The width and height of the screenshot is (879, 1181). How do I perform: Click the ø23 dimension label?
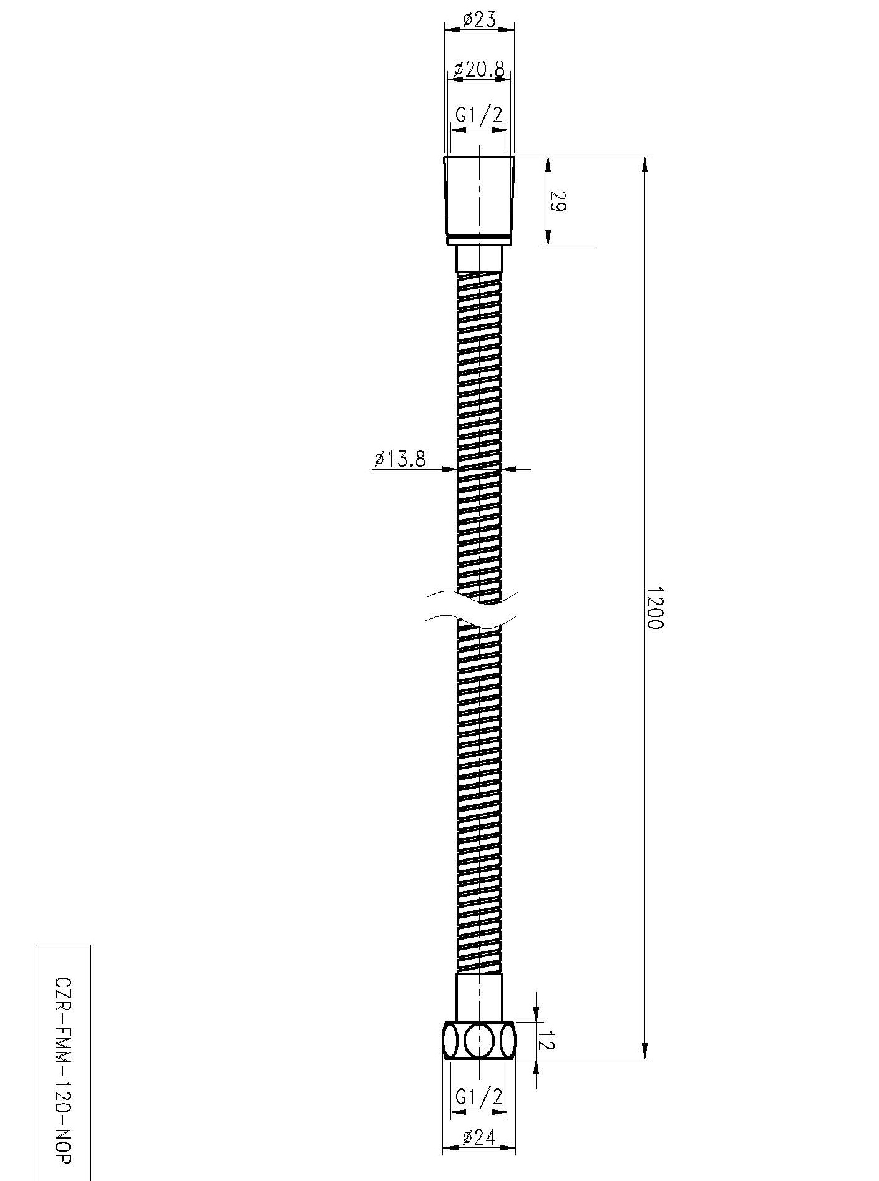tap(479, 20)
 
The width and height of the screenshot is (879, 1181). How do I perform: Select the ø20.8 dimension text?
tap(478, 69)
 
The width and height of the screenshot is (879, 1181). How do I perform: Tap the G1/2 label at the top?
tap(478, 115)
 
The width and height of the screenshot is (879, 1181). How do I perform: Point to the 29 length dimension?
tap(558, 201)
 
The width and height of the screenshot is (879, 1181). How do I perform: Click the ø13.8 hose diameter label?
tap(400, 459)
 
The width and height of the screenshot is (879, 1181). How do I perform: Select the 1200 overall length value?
tap(653, 607)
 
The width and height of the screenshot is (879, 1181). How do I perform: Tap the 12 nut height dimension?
tap(546, 1040)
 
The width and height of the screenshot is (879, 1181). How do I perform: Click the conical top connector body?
tap(479, 197)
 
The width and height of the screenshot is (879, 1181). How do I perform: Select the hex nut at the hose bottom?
tap(479, 1040)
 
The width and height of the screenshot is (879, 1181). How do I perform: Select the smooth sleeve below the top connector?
tap(479, 258)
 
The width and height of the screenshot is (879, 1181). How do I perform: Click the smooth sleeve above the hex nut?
tap(479, 996)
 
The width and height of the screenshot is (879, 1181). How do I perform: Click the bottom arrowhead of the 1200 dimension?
tap(645, 1051)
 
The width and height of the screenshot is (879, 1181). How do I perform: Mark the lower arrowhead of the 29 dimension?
tap(548, 237)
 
